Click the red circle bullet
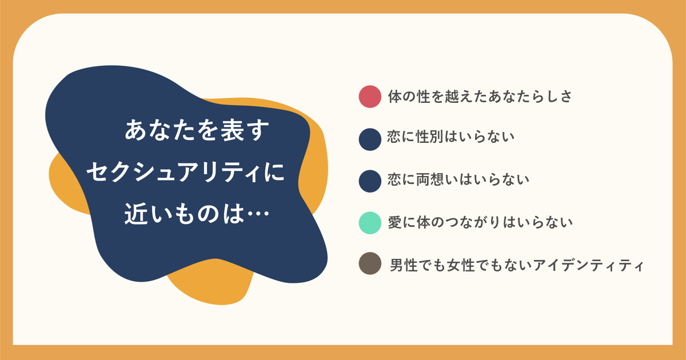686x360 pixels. coord(370,97)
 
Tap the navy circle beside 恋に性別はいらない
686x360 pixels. coord(370,139)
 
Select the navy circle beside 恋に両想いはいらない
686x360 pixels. coord(370,181)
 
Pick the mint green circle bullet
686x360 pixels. coord(370,223)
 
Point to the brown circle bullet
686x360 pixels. coord(370,263)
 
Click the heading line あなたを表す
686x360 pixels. coord(197,130)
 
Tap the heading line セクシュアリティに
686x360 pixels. coord(186,172)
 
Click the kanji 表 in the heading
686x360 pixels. coord(233,130)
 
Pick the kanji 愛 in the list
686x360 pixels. coord(395,222)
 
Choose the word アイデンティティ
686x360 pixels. coord(588,265)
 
